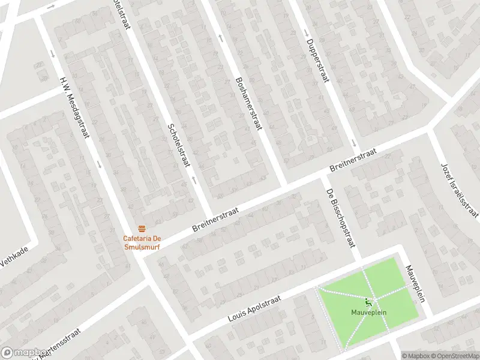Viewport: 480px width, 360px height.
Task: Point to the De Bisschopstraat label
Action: coord(341,218)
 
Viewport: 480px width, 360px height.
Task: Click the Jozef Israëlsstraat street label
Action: coord(460,189)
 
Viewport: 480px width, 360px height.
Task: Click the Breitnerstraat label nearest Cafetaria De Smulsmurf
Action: coord(215,221)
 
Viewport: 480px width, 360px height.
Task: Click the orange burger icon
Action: coord(142,228)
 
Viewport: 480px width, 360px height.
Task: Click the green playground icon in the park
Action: coord(368,302)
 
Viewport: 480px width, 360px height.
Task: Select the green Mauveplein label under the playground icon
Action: coord(368,313)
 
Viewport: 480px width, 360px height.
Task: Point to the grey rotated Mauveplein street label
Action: coord(415,284)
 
